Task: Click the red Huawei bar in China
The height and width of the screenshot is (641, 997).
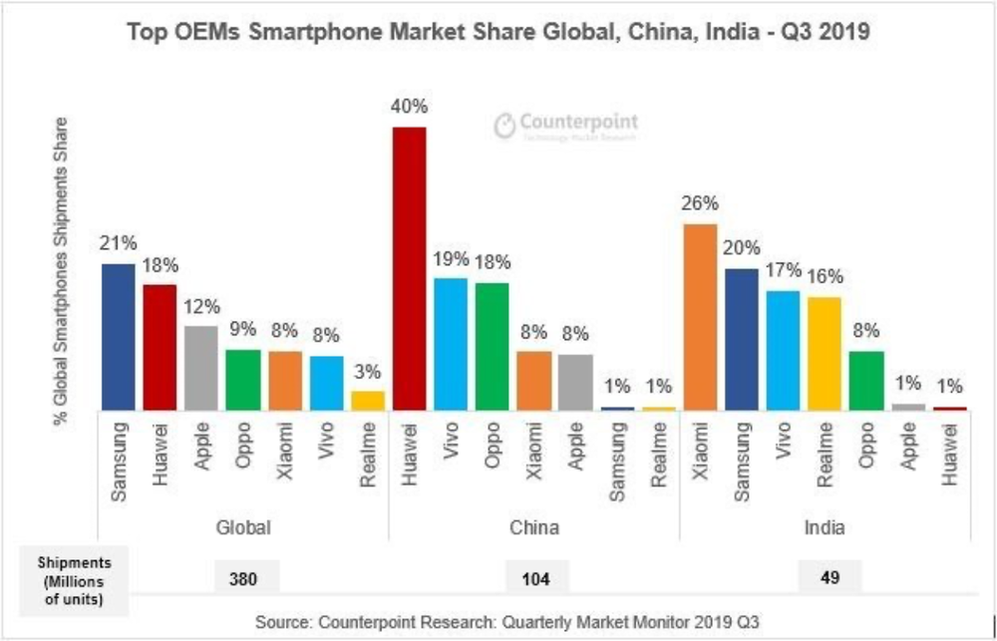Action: (409, 268)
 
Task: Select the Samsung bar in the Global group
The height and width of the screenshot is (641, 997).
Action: (118, 337)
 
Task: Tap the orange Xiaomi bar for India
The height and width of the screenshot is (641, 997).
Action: (700, 316)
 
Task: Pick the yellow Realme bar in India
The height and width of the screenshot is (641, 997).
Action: (825, 353)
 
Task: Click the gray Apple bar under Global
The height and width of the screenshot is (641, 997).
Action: (200, 368)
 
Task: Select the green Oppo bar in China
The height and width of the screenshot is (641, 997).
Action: (492, 346)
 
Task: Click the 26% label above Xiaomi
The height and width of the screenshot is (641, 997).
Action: (700, 203)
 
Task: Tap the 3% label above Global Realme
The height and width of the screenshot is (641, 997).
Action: (367, 371)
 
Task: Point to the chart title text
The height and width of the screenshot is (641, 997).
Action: (498, 32)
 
